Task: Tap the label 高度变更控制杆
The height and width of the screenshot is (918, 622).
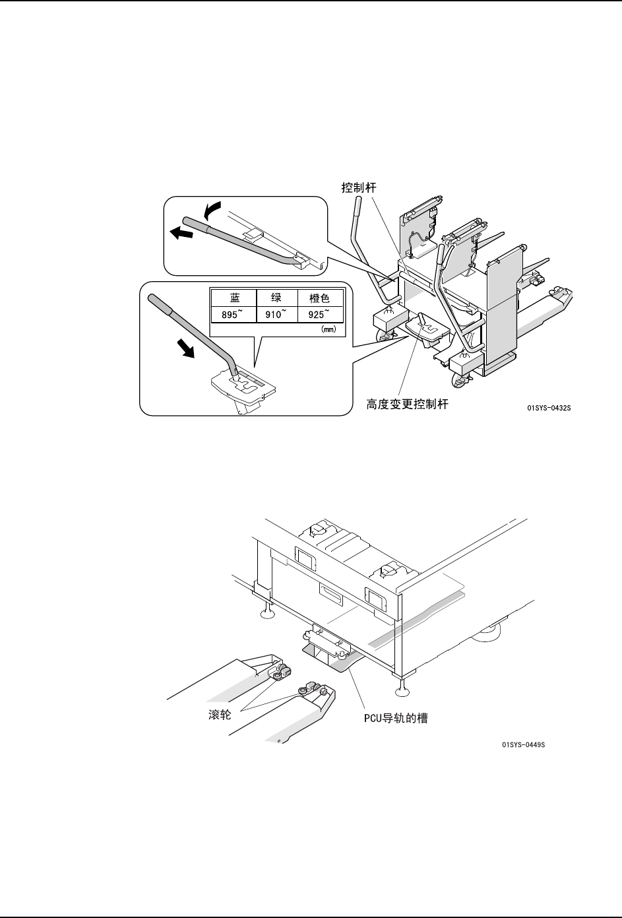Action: (x=407, y=405)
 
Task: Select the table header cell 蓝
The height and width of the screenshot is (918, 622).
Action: (x=233, y=298)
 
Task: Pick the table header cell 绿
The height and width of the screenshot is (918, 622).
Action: (x=276, y=298)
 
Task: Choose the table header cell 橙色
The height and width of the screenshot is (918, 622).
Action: (x=319, y=298)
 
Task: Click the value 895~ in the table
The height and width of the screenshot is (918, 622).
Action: (x=233, y=314)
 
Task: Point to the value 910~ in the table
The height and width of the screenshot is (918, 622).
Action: (x=276, y=314)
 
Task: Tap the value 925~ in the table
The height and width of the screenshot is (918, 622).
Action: (x=319, y=314)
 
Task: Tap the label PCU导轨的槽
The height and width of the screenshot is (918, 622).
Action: (x=396, y=718)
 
